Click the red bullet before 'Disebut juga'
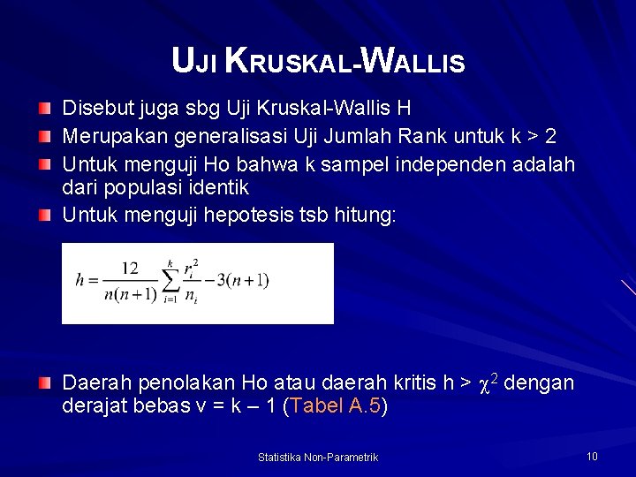click(45, 109)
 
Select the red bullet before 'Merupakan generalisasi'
click(45, 137)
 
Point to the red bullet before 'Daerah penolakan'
click(45, 383)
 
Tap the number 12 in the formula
click(130, 268)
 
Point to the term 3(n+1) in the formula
click(245, 280)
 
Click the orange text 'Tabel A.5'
click(335, 406)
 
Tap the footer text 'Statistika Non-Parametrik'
click(318, 457)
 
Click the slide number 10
click(592, 456)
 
